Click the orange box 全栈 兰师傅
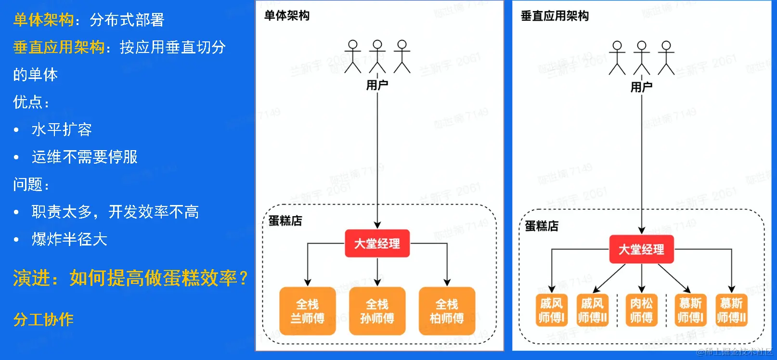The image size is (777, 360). (307, 311)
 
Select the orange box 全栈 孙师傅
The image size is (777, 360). (377, 311)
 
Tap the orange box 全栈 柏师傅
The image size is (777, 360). (447, 311)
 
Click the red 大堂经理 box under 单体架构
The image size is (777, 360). (377, 244)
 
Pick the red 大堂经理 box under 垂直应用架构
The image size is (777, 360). (641, 249)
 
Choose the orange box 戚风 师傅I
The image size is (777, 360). (551, 310)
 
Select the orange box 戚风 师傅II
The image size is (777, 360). (592, 310)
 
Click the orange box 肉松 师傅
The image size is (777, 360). (641, 310)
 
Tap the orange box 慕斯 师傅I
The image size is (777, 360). (690, 310)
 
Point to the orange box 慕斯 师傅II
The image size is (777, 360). (731, 310)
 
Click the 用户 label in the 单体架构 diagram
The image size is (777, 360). (377, 85)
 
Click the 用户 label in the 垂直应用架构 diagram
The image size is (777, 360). (641, 87)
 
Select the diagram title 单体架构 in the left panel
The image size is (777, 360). (287, 16)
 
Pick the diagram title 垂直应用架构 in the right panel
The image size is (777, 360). (555, 16)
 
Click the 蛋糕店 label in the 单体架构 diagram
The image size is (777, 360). (285, 221)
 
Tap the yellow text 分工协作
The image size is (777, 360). (43, 320)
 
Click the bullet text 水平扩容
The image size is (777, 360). (62, 129)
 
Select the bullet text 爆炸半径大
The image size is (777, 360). (69, 239)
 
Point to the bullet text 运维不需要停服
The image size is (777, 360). (85, 157)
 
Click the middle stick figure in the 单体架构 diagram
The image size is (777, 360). (377, 56)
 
